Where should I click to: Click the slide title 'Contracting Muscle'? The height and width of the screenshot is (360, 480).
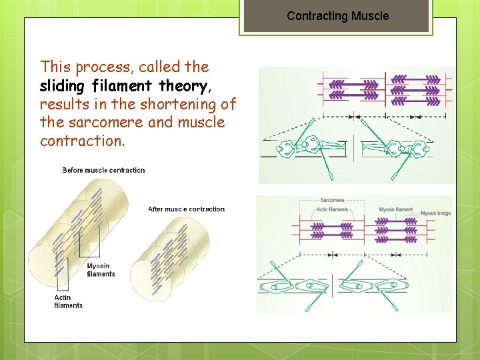pos(337,16)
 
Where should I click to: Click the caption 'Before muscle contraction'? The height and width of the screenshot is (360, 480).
pos(103,170)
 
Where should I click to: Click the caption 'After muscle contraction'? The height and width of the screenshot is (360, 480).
pos(186,209)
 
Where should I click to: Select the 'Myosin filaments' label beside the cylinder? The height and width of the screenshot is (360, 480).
pos(101,269)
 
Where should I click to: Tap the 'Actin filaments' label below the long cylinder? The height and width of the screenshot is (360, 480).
pos(68,301)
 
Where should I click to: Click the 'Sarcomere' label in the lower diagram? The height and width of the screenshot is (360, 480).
pos(332,200)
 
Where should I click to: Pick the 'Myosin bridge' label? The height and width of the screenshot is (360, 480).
pos(437,213)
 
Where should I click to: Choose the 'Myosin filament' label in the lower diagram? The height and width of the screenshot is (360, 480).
pos(396,210)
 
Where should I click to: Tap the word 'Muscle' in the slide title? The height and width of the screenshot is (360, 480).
pos(369,16)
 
